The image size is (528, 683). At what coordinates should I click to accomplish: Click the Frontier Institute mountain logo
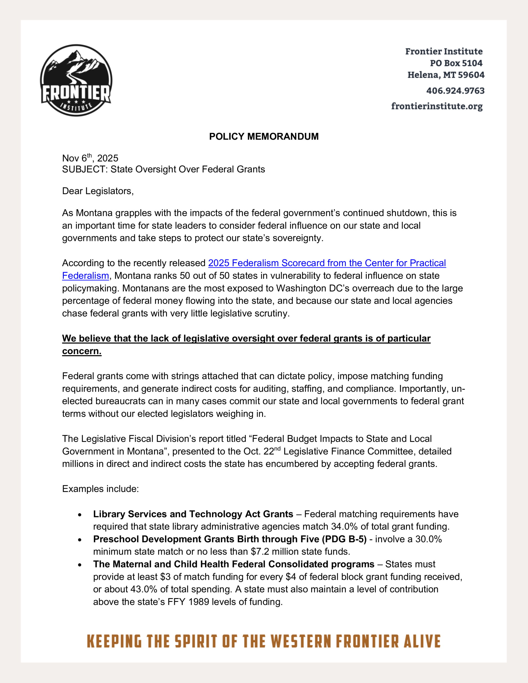pos(76,80)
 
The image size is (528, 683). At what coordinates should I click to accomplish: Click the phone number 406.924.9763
pos(455,91)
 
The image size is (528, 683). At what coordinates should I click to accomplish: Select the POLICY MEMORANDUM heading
pos(263,136)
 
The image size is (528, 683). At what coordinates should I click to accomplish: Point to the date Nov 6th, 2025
pos(90,158)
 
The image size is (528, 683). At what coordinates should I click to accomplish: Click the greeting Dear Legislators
pos(98,191)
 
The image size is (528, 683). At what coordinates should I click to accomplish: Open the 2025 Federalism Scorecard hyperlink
pos(327,263)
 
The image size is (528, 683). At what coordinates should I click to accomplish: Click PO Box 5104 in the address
pos(456,63)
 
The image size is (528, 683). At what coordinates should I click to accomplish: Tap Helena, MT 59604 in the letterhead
pos(446,75)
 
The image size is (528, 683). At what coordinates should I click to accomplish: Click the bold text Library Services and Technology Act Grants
pos(193,514)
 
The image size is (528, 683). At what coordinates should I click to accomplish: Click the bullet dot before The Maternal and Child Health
pos(80,565)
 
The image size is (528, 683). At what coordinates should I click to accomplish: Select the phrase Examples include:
pos(100,489)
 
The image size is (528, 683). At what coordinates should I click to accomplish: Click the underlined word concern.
pos(82,351)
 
